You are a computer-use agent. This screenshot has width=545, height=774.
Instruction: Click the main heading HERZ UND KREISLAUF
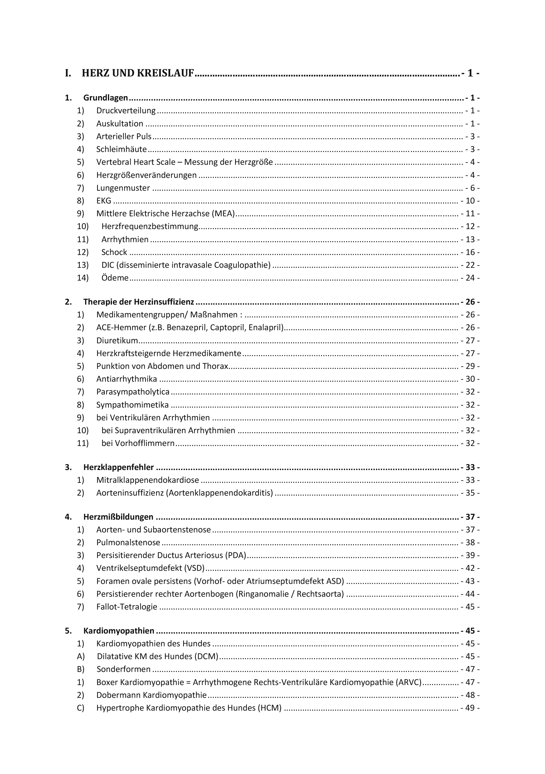pyautogui.click(x=138, y=73)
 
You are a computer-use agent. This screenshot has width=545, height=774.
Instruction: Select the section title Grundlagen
pyautogui.click(x=105, y=98)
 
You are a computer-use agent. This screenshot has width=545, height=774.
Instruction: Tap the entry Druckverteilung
pyautogui.click(x=126, y=110)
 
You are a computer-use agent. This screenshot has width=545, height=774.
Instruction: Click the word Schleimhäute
pyautogui.click(x=121, y=149)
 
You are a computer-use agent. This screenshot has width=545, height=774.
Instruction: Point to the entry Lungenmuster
pyautogui.click(x=123, y=188)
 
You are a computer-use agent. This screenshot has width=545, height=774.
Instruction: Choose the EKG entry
pyautogui.click(x=104, y=201)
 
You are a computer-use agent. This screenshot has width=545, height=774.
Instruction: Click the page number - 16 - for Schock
pyautogui.click(x=470, y=252)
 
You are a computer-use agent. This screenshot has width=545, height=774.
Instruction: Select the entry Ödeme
pyautogui.click(x=115, y=278)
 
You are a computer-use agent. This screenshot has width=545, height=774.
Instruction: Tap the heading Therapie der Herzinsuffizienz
pyautogui.click(x=138, y=302)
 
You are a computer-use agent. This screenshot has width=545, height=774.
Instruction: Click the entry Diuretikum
pyautogui.click(x=117, y=340)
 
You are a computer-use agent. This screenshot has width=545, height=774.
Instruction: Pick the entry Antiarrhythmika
pyautogui.click(x=126, y=379)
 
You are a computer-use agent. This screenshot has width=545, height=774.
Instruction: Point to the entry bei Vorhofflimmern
pyautogui.click(x=138, y=443)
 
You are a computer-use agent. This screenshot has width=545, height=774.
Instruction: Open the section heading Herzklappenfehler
pyautogui.click(x=118, y=467)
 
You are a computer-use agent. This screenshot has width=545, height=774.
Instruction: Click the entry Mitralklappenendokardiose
pyautogui.click(x=147, y=480)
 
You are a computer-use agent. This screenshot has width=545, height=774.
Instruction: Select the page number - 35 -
pyautogui.click(x=470, y=493)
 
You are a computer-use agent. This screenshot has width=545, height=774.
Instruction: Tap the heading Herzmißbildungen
pyautogui.click(x=118, y=517)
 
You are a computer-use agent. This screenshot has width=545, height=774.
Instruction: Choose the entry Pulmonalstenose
pyautogui.click(x=128, y=543)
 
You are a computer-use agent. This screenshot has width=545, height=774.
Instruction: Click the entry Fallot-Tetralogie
pyautogui.click(x=127, y=607)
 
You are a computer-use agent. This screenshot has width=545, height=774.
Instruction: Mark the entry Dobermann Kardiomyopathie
pyautogui.click(x=151, y=695)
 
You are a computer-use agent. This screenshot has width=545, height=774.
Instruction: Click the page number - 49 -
pyautogui.click(x=470, y=708)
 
